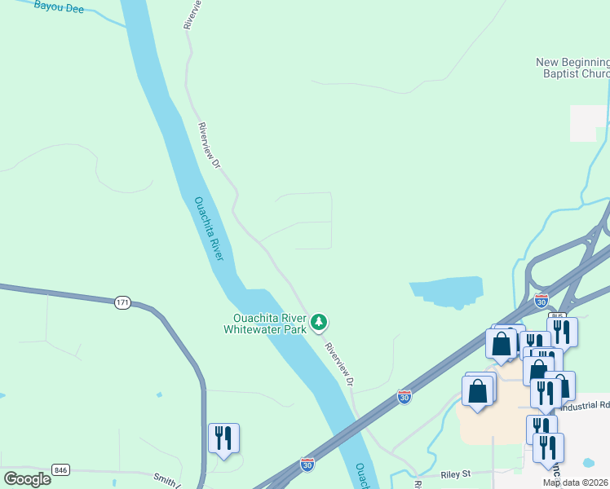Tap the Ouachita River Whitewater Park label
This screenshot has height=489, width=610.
point(269,324)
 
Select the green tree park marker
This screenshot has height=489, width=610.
point(319,324)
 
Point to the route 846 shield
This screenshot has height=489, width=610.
point(60,469)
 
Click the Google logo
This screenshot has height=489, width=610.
point(27,478)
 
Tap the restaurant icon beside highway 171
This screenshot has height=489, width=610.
point(223,438)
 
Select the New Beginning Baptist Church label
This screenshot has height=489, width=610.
point(572,68)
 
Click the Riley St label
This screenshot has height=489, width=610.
point(456,474)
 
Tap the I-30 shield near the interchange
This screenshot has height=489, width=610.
point(541,301)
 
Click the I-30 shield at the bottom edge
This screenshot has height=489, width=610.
point(307,463)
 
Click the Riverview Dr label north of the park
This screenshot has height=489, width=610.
point(209,147)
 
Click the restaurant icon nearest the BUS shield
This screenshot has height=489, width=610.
point(563,331)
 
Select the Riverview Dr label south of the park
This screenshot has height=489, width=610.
point(340,363)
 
